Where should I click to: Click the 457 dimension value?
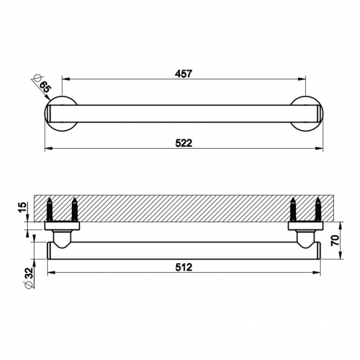pos(183,74)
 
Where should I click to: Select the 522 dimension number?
pos(184,143)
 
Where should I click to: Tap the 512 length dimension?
pos(184,267)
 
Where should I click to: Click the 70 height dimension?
pos(335,241)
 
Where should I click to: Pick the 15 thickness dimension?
pos(23,207)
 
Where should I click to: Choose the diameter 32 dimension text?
pos(29,278)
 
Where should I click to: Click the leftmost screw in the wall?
pos(50,209)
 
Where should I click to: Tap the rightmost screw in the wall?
pos(318,209)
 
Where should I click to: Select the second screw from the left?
pos(75,209)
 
